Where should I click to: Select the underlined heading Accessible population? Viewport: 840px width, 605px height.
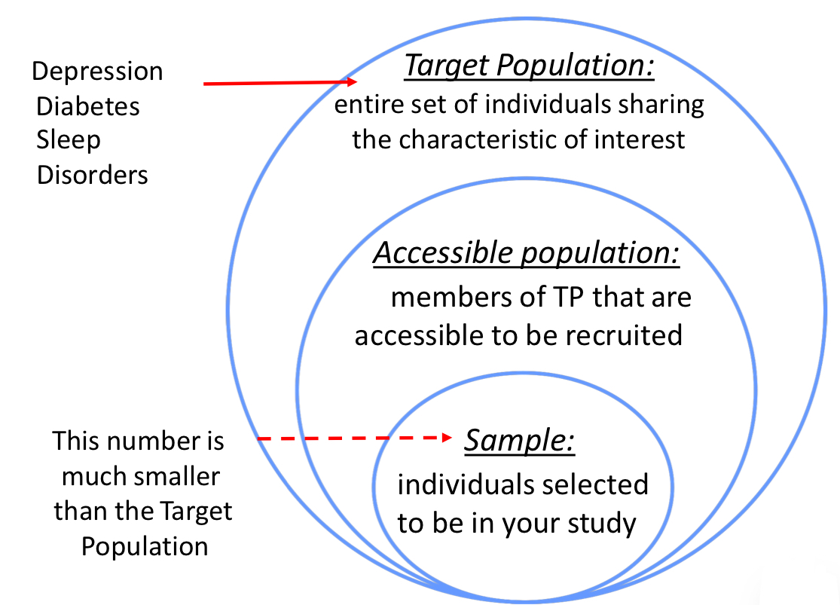coord(527,254)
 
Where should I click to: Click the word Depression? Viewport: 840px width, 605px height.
coord(97,72)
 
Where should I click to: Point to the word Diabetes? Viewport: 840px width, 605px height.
coord(88,106)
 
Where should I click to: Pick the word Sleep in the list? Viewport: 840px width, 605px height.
coord(69,140)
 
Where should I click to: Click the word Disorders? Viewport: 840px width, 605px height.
coord(93,175)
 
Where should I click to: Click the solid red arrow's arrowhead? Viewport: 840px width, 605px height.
coord(351,82)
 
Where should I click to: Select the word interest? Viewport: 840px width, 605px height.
coord(640,140)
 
